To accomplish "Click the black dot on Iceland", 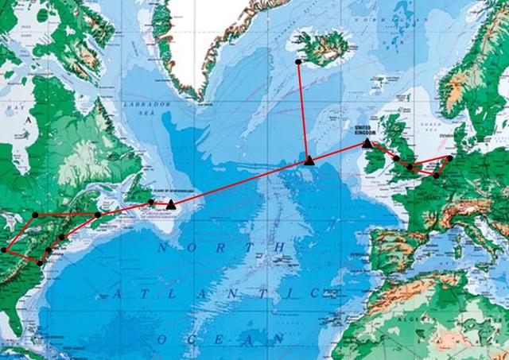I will [x=297, y=61].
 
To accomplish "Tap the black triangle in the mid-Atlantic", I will [x=309, y=161].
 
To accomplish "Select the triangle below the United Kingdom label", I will [x=367, y=144].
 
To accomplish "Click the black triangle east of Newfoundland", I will [x=171, y=205].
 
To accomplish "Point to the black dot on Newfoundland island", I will [x=151, y=203].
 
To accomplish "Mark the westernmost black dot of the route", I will [x=5, y=250].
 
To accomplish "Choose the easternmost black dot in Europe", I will [x=449, y=158].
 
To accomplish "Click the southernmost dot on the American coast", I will [x=41, y=262].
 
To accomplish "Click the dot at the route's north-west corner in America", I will [x=36, y=215].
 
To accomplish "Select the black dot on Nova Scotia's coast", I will [x=98, y=215].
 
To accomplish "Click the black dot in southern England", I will [x=410, y=167].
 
